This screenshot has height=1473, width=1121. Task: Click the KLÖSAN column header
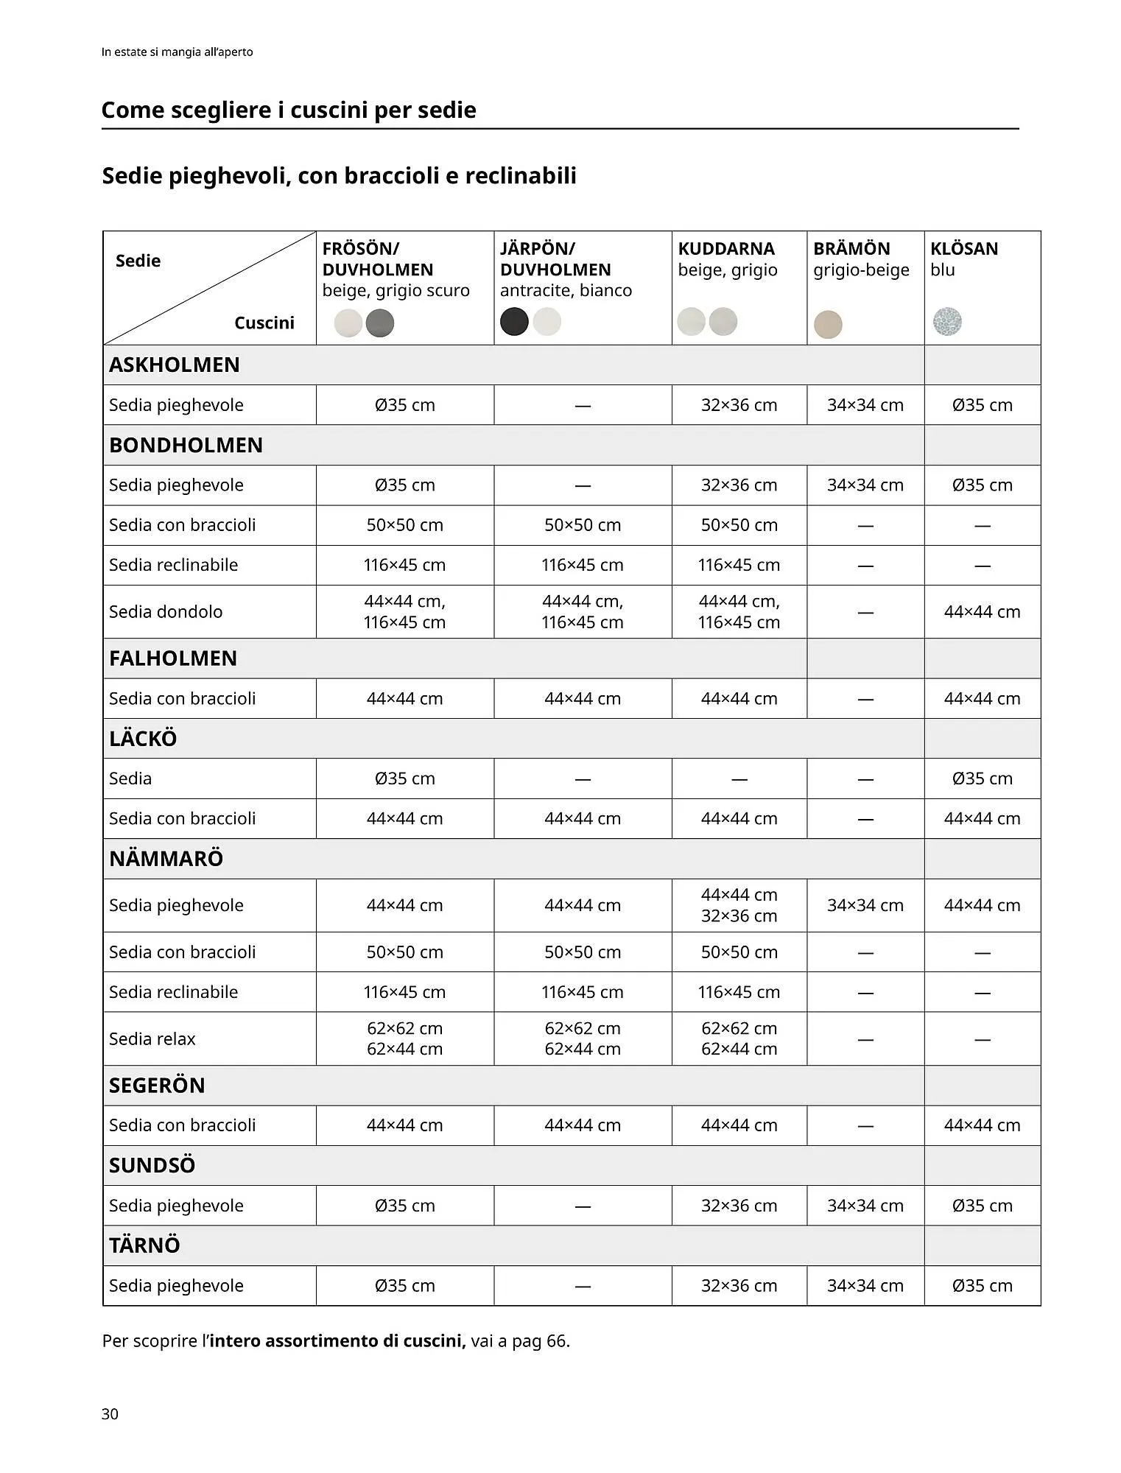(x=963, y=249)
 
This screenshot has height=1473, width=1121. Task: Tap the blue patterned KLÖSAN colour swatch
(x=946, y=322)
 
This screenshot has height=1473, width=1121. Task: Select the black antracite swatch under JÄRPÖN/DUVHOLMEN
(x=514, y=322)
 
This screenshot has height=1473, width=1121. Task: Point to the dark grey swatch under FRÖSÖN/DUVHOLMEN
(x=380, y=323)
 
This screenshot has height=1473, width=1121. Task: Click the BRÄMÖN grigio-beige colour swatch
(x=828, y=324)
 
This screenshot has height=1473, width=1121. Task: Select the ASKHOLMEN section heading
(x=175, y=365)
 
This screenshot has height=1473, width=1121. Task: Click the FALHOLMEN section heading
(x=173, y=658)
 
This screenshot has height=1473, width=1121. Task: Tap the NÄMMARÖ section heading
(x=166, y=858)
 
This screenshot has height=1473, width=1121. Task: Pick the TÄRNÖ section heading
(x=144, y=1245)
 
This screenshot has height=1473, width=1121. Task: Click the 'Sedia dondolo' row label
(x=166, y=611)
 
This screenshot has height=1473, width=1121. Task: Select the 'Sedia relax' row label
(x=152, y=1038)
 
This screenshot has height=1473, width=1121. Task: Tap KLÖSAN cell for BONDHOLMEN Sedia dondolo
(x=982, y=611)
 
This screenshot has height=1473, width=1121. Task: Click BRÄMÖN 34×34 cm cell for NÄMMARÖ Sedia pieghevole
(x=865, y=905)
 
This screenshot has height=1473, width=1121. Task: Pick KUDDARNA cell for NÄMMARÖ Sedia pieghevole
(x=739, y=905)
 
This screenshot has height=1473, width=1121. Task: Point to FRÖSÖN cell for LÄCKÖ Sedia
(x=404, y=778)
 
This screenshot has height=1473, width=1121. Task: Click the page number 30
(x=110, y=1413)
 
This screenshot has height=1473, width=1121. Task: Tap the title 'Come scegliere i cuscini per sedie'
(x=289, y=110)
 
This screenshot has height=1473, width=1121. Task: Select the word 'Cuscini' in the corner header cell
(x=264, y=323)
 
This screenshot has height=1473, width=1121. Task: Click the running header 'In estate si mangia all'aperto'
(x=178, y=52)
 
